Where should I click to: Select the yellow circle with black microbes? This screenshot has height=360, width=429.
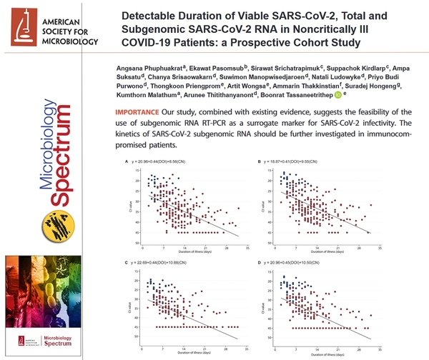point(56,227)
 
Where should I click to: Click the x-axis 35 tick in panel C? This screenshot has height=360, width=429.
point(247,342)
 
